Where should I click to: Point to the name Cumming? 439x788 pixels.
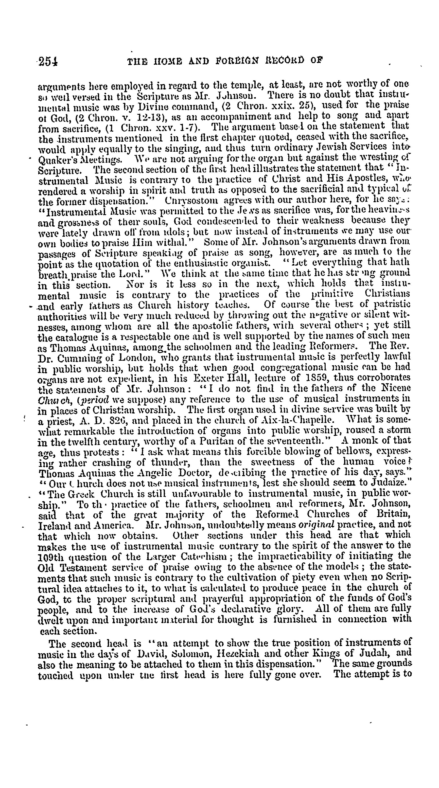point(76,358)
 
